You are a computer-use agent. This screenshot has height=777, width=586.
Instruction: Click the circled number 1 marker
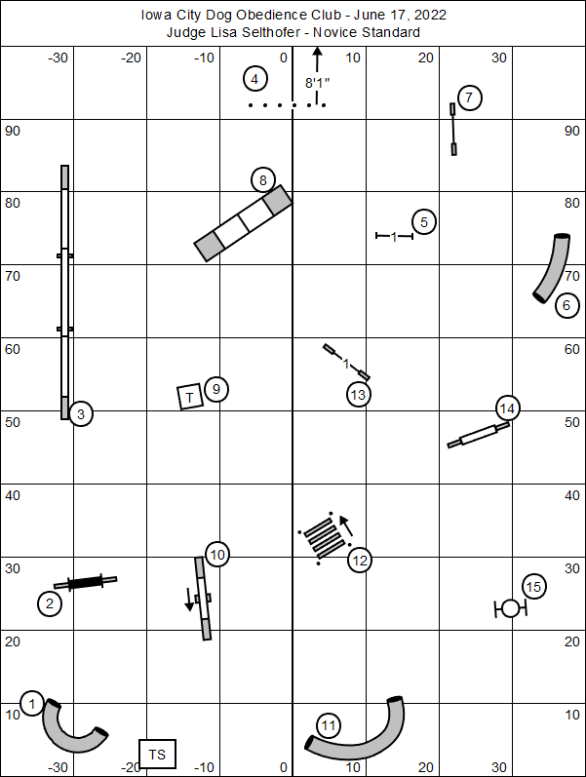32,704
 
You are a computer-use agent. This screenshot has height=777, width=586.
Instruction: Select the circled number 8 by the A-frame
262,179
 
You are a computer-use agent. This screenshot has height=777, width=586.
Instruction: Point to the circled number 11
329,725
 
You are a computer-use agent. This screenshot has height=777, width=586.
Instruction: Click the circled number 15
533,587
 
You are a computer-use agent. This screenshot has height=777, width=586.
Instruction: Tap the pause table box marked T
190,396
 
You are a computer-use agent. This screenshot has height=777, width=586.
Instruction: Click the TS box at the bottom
158,754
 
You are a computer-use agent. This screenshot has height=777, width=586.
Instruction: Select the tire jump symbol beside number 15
510,609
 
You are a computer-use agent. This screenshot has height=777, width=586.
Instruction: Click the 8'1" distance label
315,84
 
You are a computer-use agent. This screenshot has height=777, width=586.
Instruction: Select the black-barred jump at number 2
85,583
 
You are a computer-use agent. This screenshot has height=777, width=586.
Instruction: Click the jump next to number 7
453,129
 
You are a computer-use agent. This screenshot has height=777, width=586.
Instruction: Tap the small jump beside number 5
394,236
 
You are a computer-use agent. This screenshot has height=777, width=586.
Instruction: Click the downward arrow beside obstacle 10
189,599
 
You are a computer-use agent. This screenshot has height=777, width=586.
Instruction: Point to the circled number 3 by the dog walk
81,414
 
